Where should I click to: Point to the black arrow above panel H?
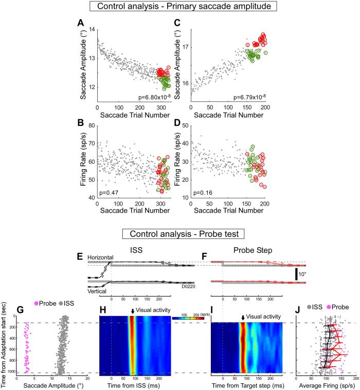click(132, 311)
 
